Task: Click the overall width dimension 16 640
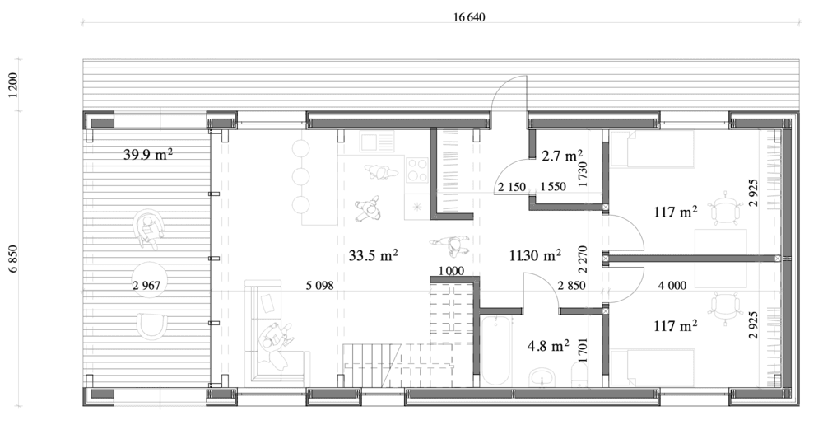coord(469,17)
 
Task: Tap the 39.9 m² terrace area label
coord(148,155)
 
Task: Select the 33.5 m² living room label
coord(373,255)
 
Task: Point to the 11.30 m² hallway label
coord(536,255)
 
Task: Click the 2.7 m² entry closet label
coord(562,156)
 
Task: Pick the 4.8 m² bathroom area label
coord(548,346)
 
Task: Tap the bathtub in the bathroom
coord(495,351)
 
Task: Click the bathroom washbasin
coord(542,377)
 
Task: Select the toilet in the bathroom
coord(579,376)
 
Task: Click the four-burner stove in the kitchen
coord(417,169)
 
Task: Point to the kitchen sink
coord(376,142)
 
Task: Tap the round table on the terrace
coord(150,279)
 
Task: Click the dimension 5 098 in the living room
coord(320,285)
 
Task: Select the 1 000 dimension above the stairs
coord(451,271)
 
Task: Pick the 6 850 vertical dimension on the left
coord(13,258)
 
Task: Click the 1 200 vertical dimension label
coord(13,85)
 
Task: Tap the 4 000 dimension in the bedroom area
coord(672,285)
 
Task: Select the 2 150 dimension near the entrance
coord(512,186)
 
